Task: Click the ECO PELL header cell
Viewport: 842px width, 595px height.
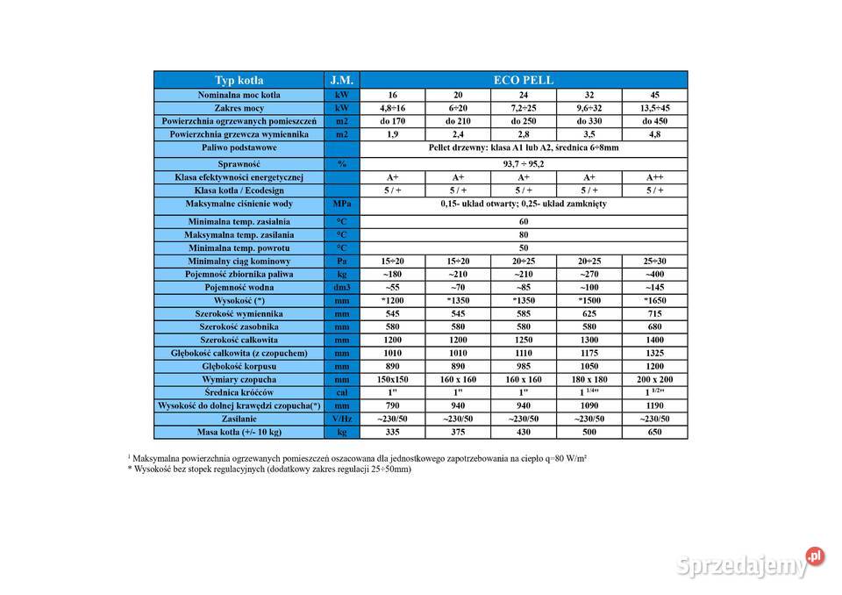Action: point(524,80)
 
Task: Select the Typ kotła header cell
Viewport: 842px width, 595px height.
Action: point(239,80)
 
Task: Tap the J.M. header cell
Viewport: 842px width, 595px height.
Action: point(341,80)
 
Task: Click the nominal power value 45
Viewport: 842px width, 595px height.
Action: point(654,95)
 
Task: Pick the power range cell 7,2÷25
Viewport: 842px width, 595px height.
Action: point(523,108)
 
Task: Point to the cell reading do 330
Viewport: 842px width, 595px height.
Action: point(589,121)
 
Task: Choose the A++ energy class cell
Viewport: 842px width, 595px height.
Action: point(654,177)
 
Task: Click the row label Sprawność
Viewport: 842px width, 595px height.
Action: point(239,163)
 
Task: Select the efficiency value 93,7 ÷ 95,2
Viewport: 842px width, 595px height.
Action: point(524,163)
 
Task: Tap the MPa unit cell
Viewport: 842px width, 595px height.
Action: point(341,204)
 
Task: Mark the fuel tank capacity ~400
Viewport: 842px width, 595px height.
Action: point(654,274)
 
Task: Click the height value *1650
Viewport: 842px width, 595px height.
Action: point(654,300)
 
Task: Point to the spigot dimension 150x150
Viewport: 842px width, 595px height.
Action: point(392,379)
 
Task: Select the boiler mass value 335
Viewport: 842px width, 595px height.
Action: point(392,432)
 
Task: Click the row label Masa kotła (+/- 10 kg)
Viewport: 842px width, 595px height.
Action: point(239,432)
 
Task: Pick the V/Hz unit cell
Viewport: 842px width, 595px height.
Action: point(341,419)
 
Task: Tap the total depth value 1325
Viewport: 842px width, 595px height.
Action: point(654,353)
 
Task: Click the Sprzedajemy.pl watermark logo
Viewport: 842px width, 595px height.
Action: point(750,563)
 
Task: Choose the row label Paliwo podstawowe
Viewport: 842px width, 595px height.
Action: point(239,147)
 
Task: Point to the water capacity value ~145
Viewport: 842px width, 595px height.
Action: point(654,287)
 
